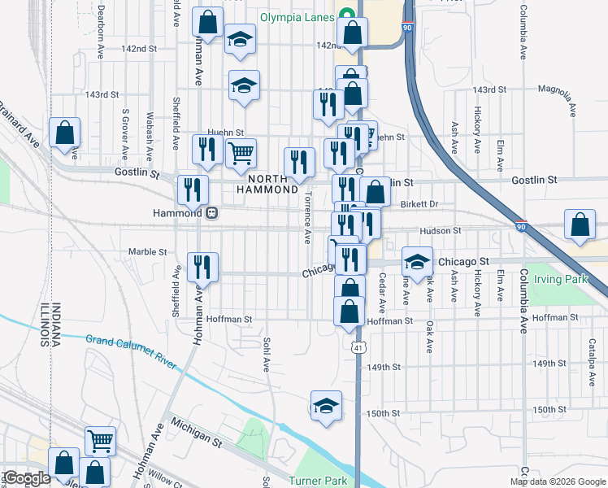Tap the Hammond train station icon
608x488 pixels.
pyautogui.click(x=212, y=212)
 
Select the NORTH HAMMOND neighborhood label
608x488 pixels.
pyautogui.click(x=267, y=184)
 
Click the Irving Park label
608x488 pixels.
pyautogui.click(x=560, y=279)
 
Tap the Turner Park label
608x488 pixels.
pyautogui.click(x=319, y=481)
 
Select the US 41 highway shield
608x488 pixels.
pyautogui.click(x=358, y=347)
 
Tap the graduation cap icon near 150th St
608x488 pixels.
pyautogui.click(x=326, y=405)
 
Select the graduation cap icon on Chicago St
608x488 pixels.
pyautogui.click(x=417, y=261)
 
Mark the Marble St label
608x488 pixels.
pyautogui.click(x=147, y=252)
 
